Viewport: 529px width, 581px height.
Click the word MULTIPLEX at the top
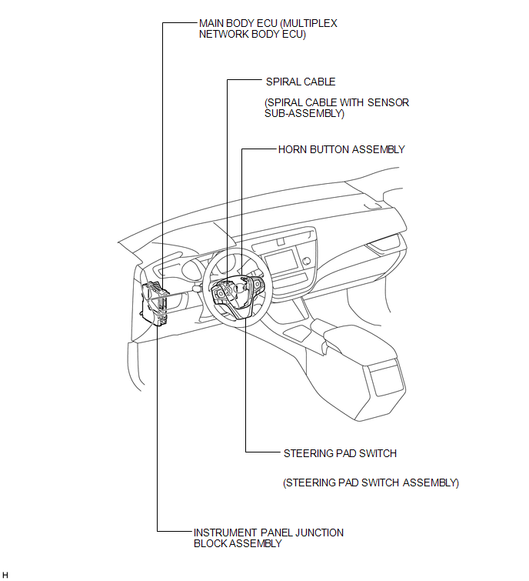click(x=309, y=23)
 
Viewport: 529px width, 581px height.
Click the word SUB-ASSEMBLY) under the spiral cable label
click(x=304, y=113)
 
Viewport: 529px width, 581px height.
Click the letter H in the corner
click(x=5, y=574)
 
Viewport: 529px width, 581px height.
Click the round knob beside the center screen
click(x=306, y=261)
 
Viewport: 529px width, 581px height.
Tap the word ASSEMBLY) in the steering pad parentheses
click(x=431, y=482)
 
